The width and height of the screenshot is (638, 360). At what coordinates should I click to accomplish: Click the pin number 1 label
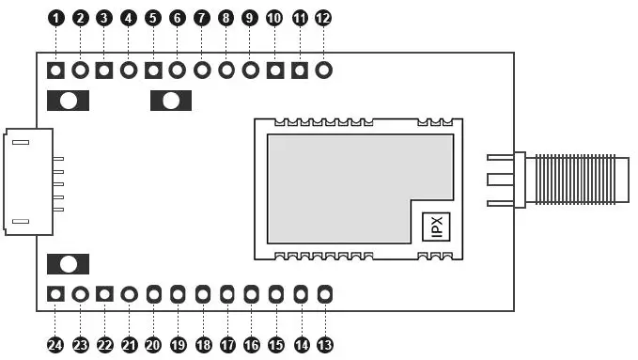pyautogui.click(x=55, y=18)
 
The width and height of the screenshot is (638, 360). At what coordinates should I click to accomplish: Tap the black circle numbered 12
pyautogui.click(x=323, y=18)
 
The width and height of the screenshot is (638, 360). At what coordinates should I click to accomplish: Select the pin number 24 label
pyautogui.click(x=55, y=345)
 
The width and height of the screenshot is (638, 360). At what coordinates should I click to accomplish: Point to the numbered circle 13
pyautogui.click(x=324, y=345)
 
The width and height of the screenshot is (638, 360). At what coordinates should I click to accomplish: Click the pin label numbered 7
pyautogui.click(x=201, y=18)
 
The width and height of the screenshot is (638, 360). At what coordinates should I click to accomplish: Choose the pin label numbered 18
pyautogui.click(x=202, y=345)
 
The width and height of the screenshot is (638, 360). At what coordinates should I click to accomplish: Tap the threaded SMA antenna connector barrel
pyautogui.click(x=575, y=180)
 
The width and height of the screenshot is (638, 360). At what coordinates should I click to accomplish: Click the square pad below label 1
pyautogui.click(x=55, y=70)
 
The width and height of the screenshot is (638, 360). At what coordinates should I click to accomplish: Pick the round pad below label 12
pyautogui.click(x=323, y=70)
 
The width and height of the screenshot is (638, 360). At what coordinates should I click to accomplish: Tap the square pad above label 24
pyautogui.click(x=55, y=294)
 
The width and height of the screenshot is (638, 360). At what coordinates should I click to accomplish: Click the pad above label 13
pyautogui.click(x=324, y=294)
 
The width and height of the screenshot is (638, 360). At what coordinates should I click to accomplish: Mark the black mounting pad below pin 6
pyautogui.click(x=171, y=100)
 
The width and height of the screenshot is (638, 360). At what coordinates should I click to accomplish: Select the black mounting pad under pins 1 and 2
pyautogui.click(x=68, y=100)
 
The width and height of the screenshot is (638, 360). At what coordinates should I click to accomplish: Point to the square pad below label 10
pyautogui.click(x=274, y=70)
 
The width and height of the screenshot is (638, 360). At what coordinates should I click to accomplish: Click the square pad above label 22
pyautogui.click(x=104, y=294)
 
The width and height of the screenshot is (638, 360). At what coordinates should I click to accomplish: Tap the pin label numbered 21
pyautogui.click(x=129, y=345)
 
